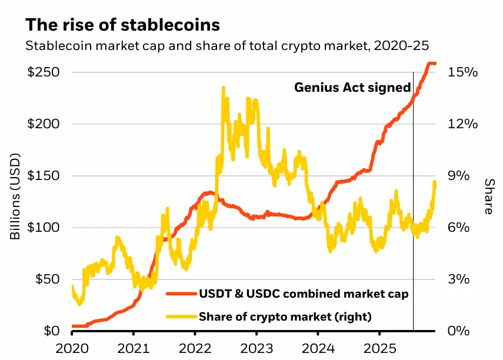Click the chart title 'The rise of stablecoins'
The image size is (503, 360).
coord(122,25)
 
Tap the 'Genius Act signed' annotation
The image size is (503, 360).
coord(352,88)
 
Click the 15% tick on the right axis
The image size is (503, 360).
coord(464,72)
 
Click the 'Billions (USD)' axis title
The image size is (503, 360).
coord(15,202)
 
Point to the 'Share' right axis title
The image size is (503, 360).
coord(488,197)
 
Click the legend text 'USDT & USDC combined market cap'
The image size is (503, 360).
coord(304,292)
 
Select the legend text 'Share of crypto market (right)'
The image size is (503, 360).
coord(285,316)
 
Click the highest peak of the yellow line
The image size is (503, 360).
coord(224,88)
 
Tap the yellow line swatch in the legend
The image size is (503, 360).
coord(181,316)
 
